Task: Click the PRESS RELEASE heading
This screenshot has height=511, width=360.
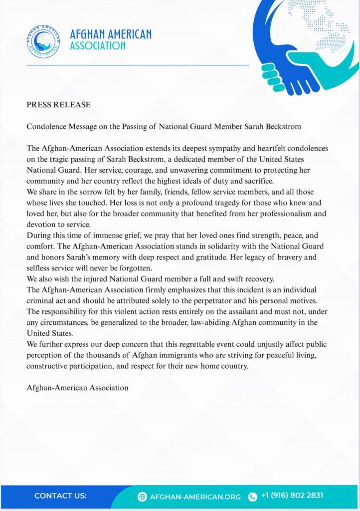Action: click(x=58, y=105)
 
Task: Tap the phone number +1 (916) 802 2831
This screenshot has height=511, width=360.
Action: click(x=292, y=496)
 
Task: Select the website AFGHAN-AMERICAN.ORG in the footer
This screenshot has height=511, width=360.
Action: click(x=196, y=497)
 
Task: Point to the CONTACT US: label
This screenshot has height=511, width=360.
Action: click(x=60, y=496)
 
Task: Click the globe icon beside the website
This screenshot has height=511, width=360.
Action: click(x=142, y=497)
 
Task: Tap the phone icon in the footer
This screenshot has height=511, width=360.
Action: click(x=253, y=497)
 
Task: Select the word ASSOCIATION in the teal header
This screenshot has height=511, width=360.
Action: click(x=98, y=46)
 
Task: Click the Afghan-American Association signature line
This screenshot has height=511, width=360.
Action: click(x=77, y=387)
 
